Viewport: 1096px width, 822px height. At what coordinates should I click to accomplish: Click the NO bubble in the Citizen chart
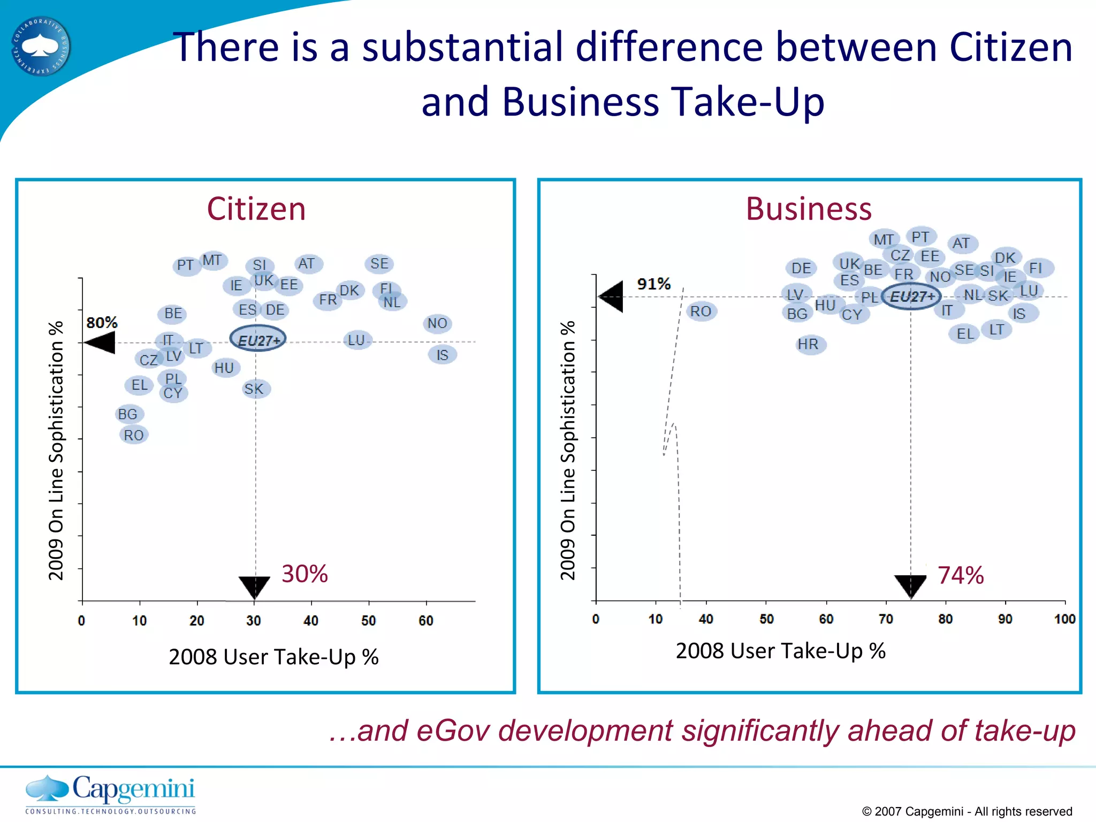point(437,323)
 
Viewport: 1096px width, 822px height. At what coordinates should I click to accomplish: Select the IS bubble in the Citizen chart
point(442,355)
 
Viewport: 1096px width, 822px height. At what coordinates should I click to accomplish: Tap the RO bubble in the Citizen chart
point(133,435)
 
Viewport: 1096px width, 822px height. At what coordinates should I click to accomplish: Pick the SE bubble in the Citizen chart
point(379,264)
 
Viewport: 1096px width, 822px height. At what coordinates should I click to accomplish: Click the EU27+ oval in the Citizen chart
point(258,339)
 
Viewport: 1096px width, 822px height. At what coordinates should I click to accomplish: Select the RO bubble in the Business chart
point(701,311)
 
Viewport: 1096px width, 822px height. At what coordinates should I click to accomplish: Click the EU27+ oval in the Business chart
point(911,296)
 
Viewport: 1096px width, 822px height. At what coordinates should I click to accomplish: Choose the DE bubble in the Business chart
point(801,268)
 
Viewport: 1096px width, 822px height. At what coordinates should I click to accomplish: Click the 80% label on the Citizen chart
point(102,323)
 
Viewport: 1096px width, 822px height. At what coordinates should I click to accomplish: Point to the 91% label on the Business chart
point(653,284)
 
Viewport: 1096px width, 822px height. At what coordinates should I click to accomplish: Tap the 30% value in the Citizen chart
point(305,574)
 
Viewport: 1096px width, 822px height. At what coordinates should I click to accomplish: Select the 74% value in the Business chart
point(961,576)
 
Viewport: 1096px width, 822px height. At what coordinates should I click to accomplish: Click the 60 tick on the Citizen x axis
point(426,621)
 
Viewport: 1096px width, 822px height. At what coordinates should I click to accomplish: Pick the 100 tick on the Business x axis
point(1064,619)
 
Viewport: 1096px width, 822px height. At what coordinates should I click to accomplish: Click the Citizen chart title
point(256,209)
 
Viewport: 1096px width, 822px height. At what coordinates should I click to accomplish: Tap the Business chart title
point(809,209)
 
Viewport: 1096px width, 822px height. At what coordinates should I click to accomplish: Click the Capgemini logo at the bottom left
point(110,794)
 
